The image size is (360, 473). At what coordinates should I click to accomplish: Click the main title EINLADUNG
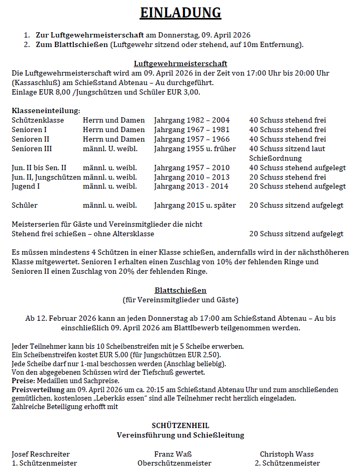180,13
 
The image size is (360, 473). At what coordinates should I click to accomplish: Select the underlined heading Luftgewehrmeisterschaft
180,63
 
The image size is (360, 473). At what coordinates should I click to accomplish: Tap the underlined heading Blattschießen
180,290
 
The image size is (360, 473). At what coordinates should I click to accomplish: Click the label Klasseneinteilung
46,110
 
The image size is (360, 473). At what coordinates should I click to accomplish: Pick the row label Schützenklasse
38,120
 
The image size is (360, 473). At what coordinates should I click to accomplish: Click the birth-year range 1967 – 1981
208,129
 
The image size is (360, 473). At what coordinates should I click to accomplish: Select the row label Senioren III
32,149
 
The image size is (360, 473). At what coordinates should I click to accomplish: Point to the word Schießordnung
275,158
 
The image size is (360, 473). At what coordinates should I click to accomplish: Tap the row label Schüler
24,205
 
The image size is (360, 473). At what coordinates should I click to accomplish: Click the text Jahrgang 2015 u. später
195,205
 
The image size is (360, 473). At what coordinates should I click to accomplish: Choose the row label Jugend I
27,186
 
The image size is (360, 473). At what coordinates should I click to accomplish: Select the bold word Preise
23,381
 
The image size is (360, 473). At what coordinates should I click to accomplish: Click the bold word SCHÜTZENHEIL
180,425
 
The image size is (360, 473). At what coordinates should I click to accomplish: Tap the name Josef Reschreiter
41,454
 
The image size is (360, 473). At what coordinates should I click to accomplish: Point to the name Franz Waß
173,454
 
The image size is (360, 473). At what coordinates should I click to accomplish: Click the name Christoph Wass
287,454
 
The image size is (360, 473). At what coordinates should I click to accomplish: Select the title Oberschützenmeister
174,463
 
